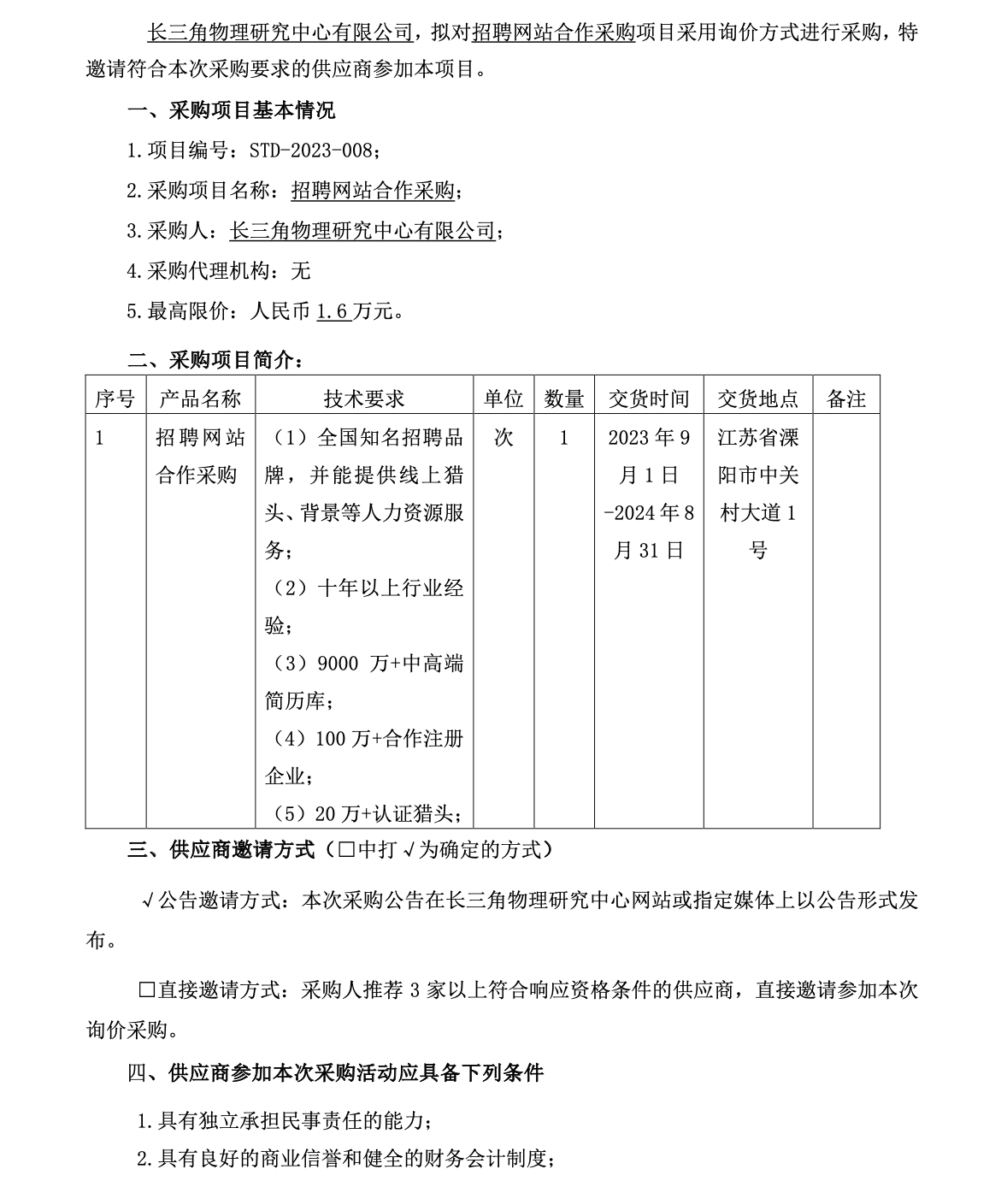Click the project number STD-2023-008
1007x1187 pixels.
click(x=311, y=151)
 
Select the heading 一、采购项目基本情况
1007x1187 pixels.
click(x=232, y=110)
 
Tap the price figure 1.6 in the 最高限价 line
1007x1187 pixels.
click(x=333, y=311)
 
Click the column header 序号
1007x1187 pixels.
click(x=115, y=399)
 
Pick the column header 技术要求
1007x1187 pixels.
click(x=364, y=399)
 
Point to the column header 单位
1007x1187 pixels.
click(x=503, y=399)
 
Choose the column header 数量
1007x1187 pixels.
click(x=564, y=399)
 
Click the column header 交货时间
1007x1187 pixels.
click(x=649, y=399)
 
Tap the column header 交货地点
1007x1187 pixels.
click(x=758, y=399)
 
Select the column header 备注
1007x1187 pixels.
click(x=846, y=399)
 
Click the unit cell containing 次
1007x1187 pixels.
click(x=503, y=438)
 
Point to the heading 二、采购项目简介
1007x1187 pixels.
click(x=214, y=360)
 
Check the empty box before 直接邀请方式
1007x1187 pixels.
click(x=147, y=990)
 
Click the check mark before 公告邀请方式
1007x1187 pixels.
click(x=147, y=901)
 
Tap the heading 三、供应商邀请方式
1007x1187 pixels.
click(x=221, y=849)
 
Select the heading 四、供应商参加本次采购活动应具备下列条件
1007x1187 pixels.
click(x=335, y=1072)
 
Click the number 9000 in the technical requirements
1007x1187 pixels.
click(x=338, y=664)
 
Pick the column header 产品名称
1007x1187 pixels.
click(x=201, y=399)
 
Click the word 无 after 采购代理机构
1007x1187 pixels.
click(x=301, y=271)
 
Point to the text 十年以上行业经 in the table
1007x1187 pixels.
click(x=391, y=588)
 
